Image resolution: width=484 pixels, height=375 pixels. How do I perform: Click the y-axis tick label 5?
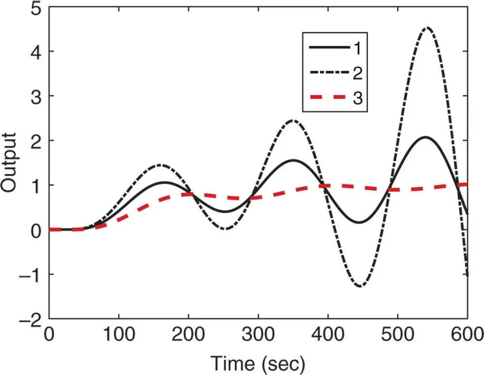pyautogui.click(x=35, y=9)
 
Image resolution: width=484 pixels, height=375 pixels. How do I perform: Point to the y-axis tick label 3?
pyautogui.click(x=35, y=96)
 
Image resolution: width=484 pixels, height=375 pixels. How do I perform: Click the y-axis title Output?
pyautogui.click(x=10, y=163)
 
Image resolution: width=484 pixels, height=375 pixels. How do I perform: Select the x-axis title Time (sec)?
pyautogui.click(x=258, y=361)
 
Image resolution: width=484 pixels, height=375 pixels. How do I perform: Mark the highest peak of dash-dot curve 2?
pyautogui.click(x=427, y=28)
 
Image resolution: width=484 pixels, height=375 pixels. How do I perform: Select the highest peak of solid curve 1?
pyautogui.click(x=426, y=137)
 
